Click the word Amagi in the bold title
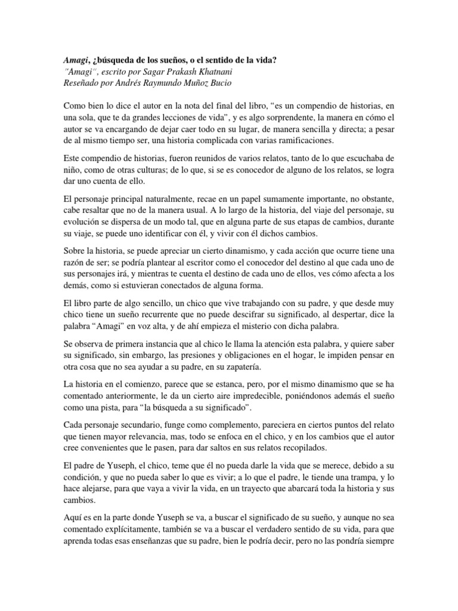point(76,61)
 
